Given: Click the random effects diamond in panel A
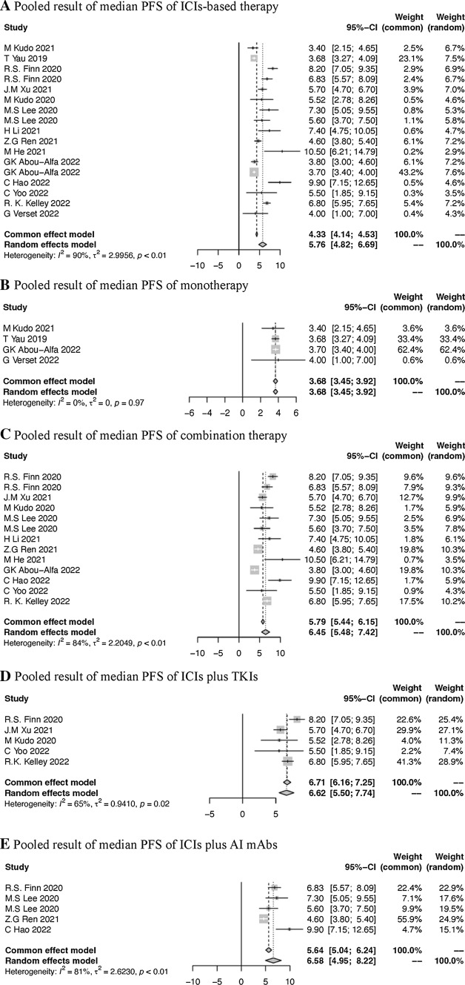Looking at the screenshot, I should pyautogui.click(x=261, y=242).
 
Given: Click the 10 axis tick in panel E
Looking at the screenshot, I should pyautogui.click(x=290, y=981).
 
